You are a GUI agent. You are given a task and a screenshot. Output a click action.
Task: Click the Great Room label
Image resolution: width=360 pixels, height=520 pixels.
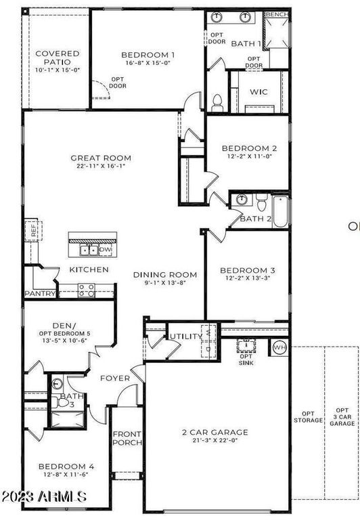point(101,158)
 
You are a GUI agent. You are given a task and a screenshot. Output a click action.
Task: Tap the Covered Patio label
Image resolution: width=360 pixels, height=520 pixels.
point(58,53)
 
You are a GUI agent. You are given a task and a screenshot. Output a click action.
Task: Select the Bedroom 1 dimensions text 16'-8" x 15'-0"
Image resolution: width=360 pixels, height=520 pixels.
point(148,65)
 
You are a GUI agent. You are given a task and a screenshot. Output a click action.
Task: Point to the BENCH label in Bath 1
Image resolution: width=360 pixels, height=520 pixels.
point(277,14)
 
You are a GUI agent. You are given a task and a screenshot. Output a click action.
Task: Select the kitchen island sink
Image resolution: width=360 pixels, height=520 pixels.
point(89,250)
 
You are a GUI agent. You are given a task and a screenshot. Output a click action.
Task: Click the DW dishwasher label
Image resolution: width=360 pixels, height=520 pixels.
point(105,250)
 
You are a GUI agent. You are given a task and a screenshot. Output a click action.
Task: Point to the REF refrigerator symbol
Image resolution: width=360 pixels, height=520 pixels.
point(32,230)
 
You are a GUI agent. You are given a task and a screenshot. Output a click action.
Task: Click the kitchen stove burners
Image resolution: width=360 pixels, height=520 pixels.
point(87,290)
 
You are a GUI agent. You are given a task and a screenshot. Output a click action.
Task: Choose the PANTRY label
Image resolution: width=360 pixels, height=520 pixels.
point(40,294)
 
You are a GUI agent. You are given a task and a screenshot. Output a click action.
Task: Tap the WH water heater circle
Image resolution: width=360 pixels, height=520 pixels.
point(279,348)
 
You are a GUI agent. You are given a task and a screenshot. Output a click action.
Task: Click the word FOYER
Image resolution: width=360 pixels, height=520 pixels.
point(116,378)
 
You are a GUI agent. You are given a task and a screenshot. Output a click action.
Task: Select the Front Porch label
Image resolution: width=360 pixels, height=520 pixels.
point(127,438)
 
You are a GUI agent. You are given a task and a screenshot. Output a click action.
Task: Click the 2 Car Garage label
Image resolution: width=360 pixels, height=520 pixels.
point(216,432)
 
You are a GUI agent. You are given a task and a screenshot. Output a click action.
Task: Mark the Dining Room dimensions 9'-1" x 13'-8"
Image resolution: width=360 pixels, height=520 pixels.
point(165,283)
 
